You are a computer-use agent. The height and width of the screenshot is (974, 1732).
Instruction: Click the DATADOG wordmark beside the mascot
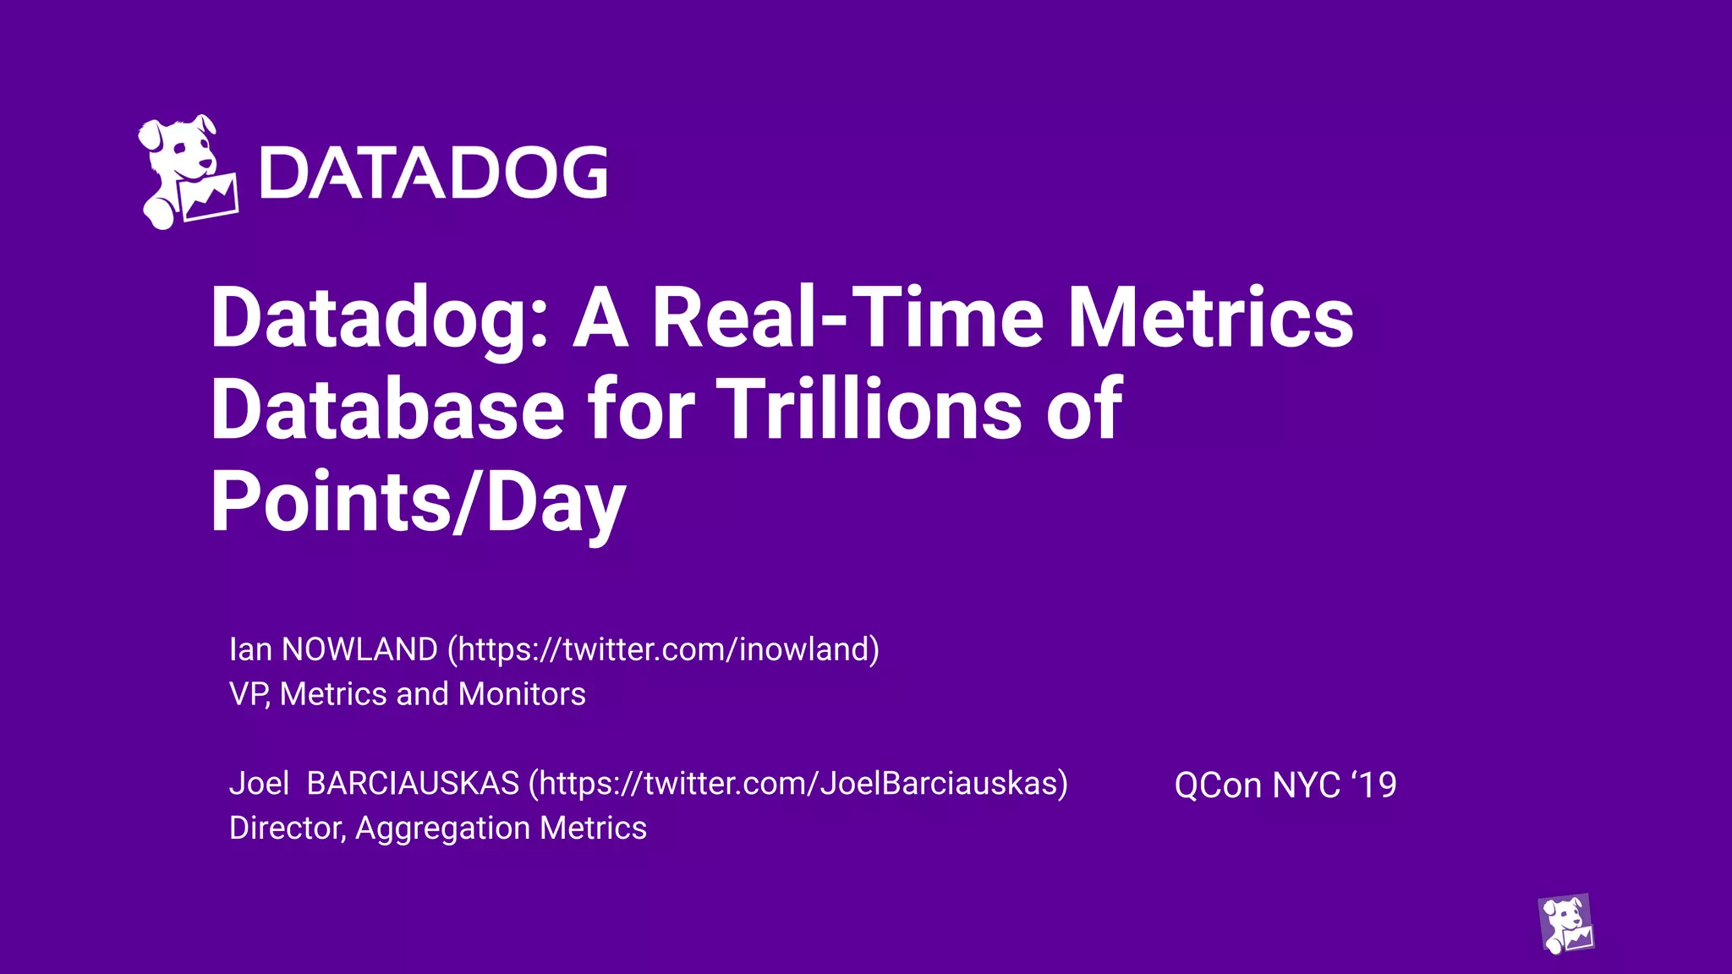(x=434, y=173)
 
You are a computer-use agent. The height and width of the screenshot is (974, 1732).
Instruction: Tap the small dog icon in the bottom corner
(x=1565, y=923)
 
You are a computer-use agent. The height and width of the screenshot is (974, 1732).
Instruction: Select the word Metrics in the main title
(x=1210, y=318)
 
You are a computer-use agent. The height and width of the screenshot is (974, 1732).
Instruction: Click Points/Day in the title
(x=418, y=502)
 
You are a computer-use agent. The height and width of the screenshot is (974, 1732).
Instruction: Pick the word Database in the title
(x=387, y=410)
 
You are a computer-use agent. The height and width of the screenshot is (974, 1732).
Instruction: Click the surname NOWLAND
(x=359, y=649)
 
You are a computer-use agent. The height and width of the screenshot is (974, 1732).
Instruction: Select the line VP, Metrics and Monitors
(x=407, y=694)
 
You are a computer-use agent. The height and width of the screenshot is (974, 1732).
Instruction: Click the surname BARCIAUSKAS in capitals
(x=413, y=784)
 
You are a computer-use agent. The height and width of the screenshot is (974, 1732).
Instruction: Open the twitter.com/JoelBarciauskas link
(x=798, y=784)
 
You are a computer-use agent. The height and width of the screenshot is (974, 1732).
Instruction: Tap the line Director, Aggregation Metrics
(x=437, y=828)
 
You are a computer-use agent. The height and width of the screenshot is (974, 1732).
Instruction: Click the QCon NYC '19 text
(x=1285, y=785)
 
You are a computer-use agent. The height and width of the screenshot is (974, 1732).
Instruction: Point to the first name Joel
(x=259, y=784)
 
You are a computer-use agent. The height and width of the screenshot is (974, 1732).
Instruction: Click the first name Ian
(x=250, y=649)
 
